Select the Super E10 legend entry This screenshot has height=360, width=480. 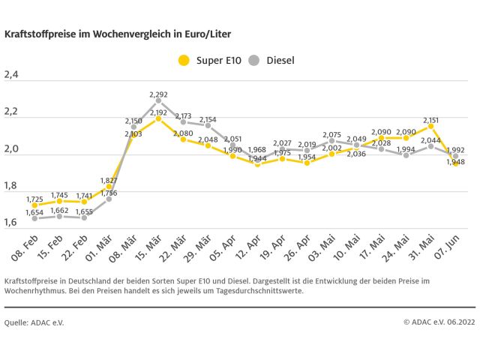(214, 60)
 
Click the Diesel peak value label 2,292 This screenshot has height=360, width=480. (159, 94)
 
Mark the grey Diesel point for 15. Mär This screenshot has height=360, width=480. (158, 100)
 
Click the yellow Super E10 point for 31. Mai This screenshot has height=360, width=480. (431, 126)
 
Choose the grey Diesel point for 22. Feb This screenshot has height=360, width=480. (84, 217)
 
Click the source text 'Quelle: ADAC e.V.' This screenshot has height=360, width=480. (34, 322)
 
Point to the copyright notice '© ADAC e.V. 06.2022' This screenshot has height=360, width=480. (439, 322)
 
